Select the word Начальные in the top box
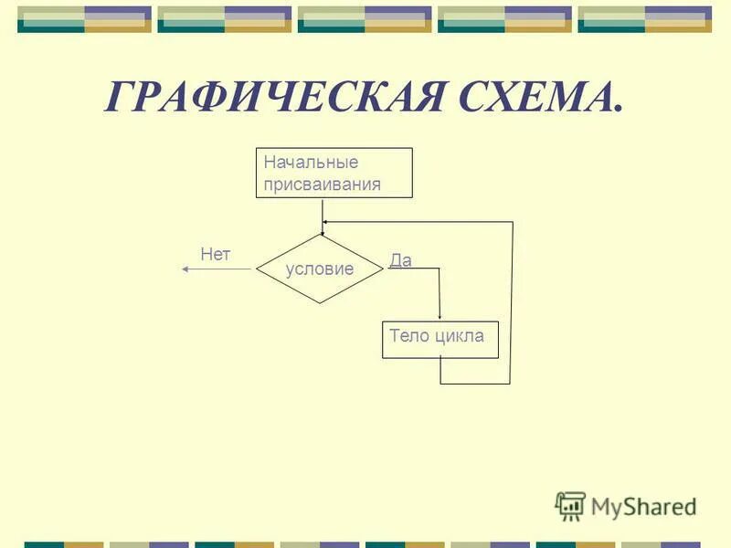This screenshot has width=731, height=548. [311, 163]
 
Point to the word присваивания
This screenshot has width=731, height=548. [322, 184]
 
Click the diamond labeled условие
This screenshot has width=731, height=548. [320, 269]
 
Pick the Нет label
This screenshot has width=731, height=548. [216, 255]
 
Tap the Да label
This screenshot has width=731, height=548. [400, 260]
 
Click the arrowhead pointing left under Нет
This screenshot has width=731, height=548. [185, 269]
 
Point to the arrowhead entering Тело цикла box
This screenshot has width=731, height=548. [440, 316]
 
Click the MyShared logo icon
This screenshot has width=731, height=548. [570, 505]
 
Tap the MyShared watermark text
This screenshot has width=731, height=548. [643, 506]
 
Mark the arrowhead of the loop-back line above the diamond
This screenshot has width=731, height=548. [326, 222]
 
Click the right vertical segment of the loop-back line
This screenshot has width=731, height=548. [511, 301]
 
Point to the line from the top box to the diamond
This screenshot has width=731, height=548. [322, 215]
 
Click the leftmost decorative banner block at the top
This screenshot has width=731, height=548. [84, 19]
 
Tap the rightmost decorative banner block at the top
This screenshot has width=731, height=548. [644, 19]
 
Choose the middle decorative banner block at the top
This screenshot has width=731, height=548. [365, 19]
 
